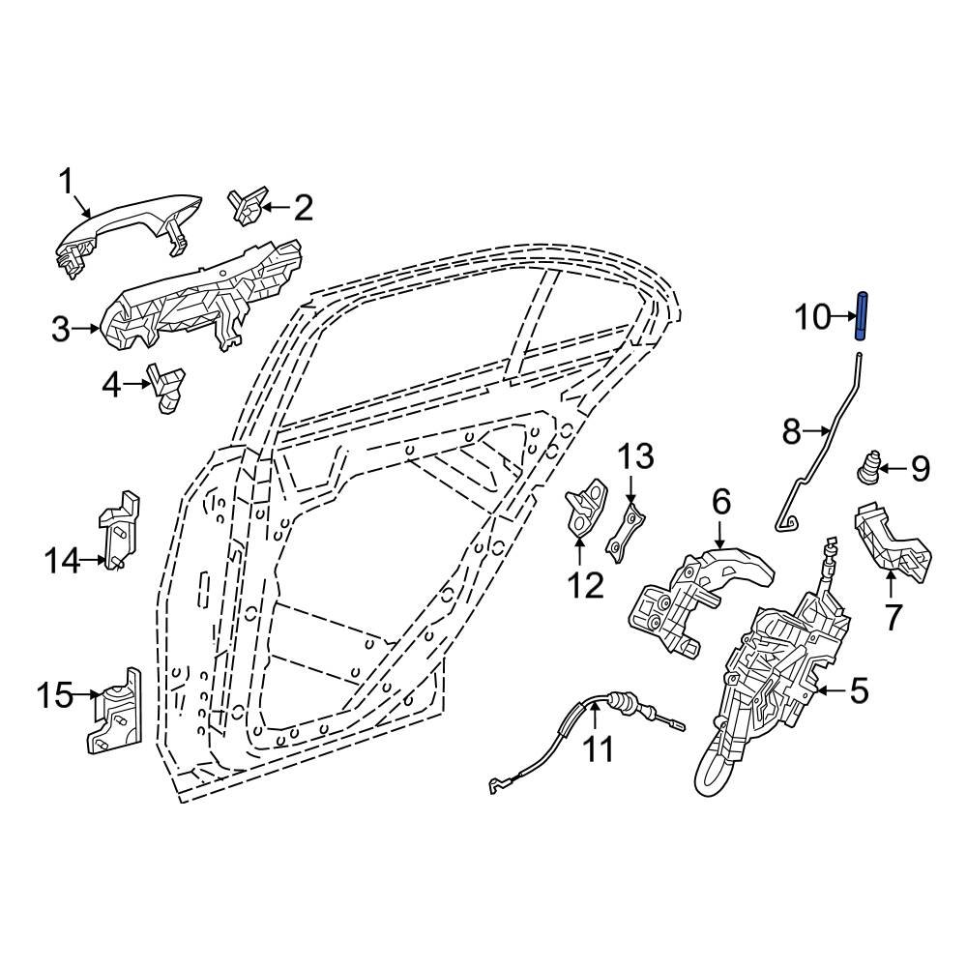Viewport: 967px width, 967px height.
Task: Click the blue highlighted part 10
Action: click(860, 316)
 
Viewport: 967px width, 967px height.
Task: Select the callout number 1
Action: click(67, 179)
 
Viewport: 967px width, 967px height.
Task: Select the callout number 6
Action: click(721, 502)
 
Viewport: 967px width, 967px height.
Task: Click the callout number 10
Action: click(812, 316)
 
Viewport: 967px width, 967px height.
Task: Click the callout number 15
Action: click(55, 694)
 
